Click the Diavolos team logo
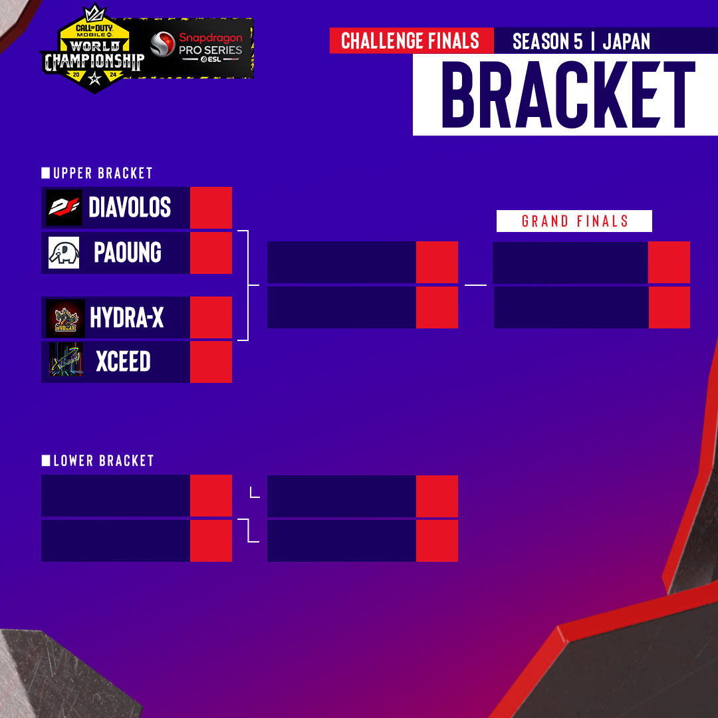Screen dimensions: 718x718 (64, 207)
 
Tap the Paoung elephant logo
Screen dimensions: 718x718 (64, 253)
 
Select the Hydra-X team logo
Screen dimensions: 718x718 (65, 318)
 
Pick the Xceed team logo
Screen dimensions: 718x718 (66, 360)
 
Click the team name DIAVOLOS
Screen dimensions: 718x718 (130, 207)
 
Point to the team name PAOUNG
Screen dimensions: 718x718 (127, 253)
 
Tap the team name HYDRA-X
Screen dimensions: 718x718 (127, 317)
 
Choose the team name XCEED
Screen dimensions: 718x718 (123, 361)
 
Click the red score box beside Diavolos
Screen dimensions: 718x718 (211, 207)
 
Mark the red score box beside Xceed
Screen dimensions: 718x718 (211, 362)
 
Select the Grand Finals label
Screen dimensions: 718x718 (574, 221)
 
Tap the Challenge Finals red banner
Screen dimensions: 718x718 (412, 41)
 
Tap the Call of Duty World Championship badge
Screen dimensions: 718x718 (94, 49)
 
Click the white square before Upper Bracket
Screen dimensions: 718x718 (46, 173)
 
